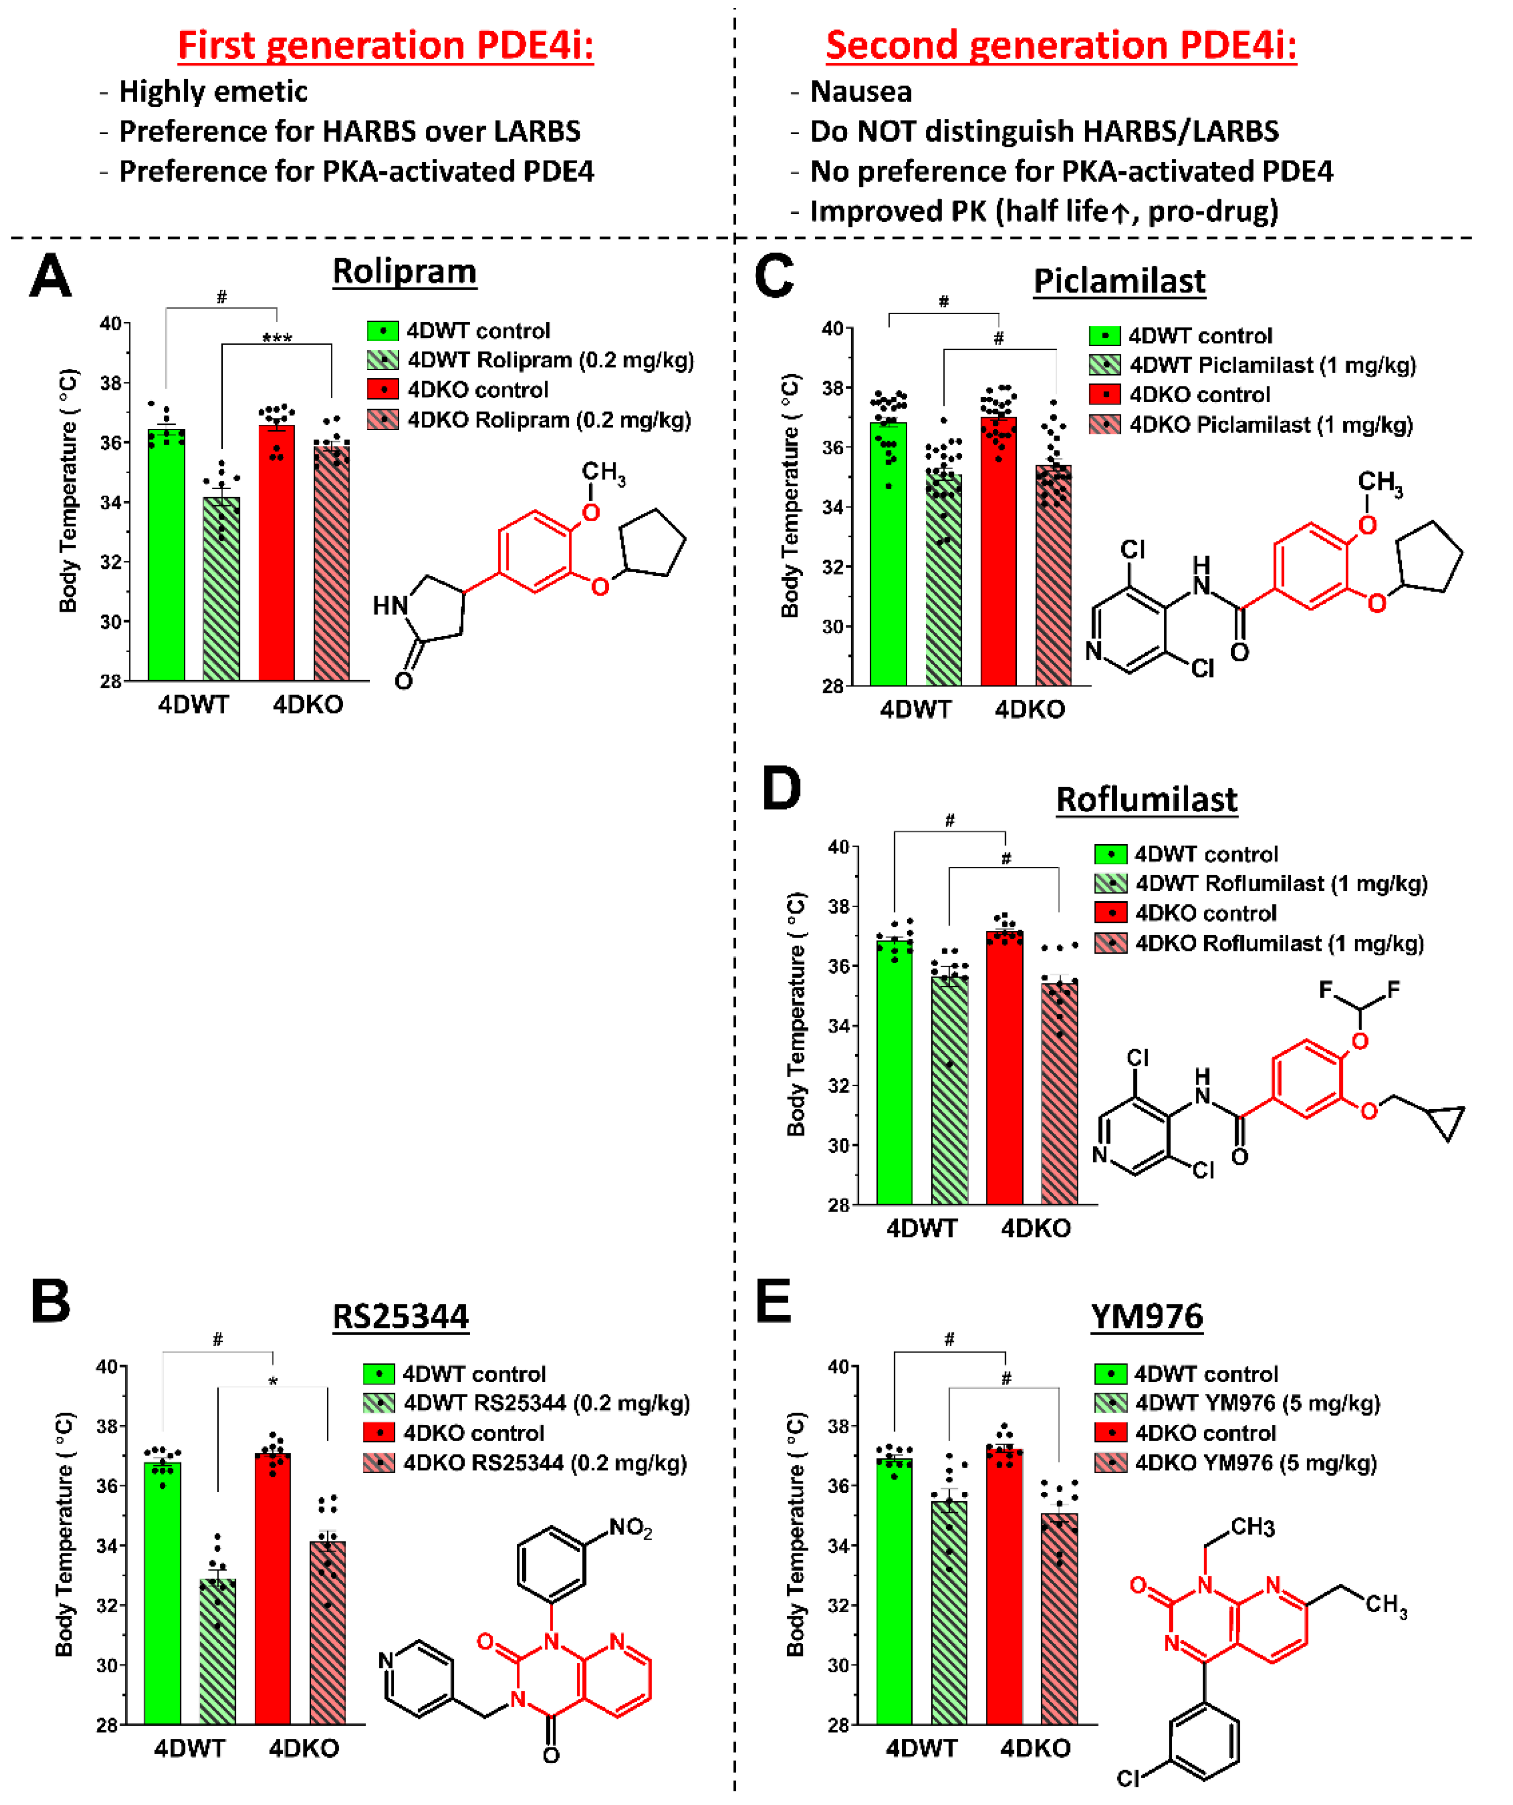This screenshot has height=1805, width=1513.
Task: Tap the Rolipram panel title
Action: [x=404, y=271]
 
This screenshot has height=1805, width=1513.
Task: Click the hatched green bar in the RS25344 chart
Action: [x=217, y=1650]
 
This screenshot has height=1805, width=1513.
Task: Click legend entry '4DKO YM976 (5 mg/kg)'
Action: [x=1255, y=1463]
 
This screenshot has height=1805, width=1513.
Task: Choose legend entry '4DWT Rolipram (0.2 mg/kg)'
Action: [x=550, y=360]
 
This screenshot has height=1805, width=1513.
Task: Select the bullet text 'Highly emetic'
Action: [x=212, y=91]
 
